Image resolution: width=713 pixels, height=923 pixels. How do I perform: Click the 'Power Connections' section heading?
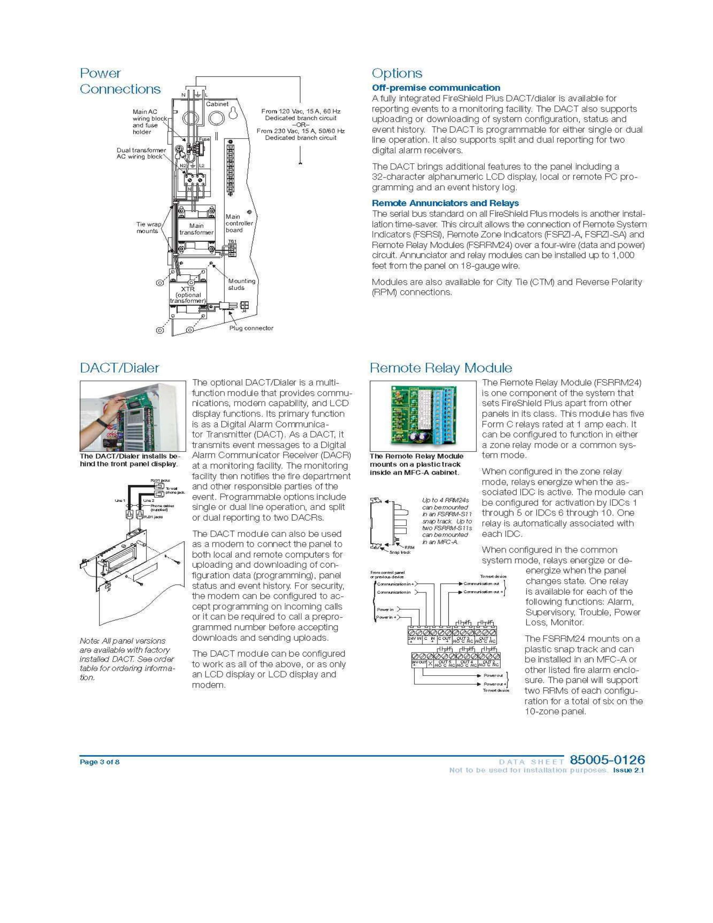120,81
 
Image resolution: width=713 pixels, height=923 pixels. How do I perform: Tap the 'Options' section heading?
397,73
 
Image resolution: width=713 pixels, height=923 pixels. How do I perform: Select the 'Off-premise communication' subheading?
435,88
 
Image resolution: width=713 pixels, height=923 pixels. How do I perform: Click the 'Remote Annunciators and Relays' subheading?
445,203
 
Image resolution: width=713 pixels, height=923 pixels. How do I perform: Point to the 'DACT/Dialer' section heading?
120,368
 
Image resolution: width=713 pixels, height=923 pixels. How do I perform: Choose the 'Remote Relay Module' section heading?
440,368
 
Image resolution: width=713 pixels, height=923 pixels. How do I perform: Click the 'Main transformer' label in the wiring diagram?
196,229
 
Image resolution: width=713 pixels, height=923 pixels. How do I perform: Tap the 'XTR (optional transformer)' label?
187,295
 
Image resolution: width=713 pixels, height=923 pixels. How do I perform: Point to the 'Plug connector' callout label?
251,328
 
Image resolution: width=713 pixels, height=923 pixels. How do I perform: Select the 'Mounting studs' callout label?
242,284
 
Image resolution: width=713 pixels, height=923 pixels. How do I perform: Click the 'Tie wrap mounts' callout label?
148,227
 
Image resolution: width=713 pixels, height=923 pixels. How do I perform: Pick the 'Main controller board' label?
239,223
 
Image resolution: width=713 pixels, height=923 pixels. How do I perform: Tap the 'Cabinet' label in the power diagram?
217,104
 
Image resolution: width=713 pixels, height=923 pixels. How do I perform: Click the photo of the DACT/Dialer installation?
133,416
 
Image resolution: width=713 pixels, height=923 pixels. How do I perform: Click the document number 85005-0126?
607,760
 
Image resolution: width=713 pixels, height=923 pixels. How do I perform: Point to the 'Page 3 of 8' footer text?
100,762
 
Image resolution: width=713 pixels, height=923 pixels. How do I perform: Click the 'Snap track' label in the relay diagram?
400,553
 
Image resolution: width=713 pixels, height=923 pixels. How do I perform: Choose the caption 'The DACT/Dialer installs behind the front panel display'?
129,460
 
